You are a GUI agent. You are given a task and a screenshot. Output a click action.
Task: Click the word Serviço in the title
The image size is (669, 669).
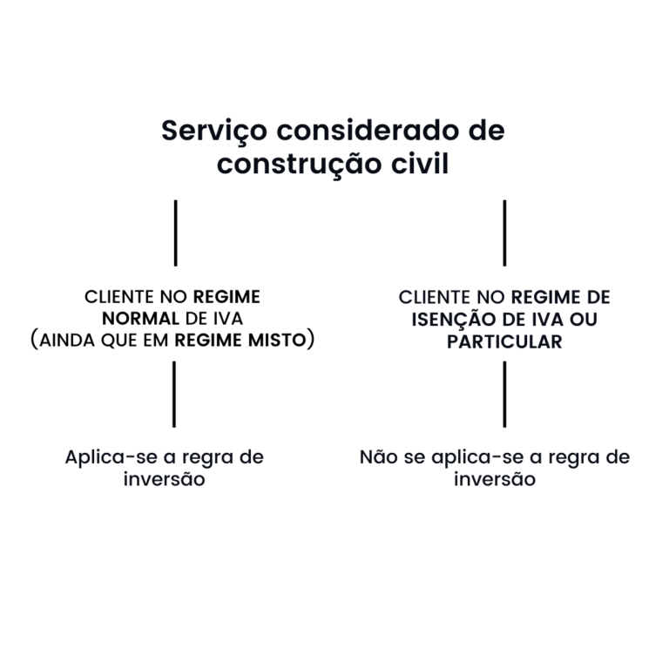[x=214, y=132]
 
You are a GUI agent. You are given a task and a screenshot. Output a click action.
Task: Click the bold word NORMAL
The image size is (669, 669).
[x=140, y=319]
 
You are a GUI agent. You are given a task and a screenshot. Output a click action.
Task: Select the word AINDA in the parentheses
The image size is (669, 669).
[x=67, y=341]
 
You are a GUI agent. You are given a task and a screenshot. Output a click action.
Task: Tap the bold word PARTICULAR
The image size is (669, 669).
[x=504, y=341]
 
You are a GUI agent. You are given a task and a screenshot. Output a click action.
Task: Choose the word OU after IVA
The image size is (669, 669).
[x=584, y=320]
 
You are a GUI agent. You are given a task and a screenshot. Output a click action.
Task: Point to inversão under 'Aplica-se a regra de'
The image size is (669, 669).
[x=165, y=479]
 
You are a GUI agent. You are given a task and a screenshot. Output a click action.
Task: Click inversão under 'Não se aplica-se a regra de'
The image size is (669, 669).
[x=495, y=479]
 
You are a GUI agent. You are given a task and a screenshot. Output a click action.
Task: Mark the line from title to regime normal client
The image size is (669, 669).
[x=175, y=233]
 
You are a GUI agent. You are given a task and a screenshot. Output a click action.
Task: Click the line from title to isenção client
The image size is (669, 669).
[x=504, y=233]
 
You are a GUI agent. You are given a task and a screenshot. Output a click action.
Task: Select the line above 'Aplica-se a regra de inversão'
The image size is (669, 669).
[x=174, y=395]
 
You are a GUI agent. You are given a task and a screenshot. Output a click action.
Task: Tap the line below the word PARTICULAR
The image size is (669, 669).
[x=504, y=395]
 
